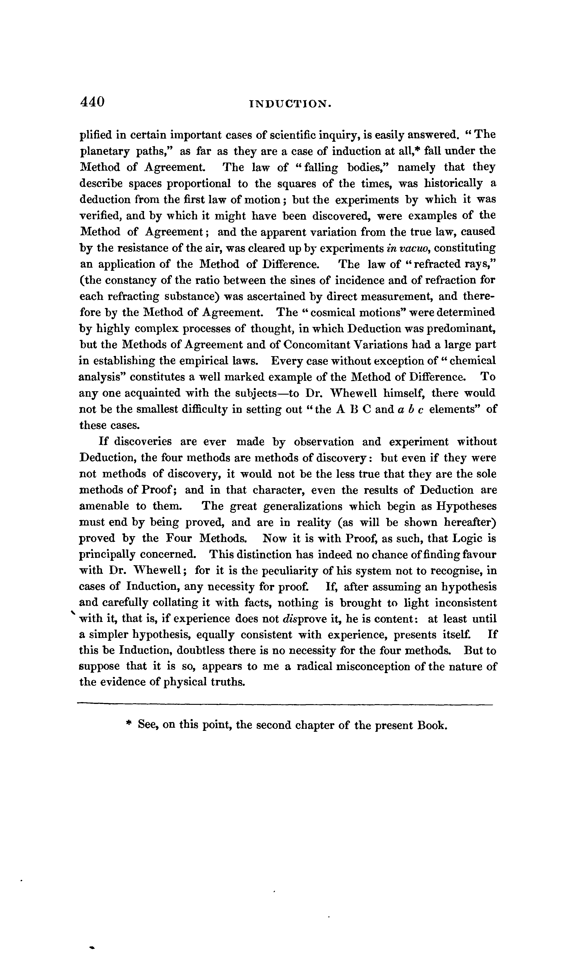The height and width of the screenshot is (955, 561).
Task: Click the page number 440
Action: [x=92, y=102]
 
